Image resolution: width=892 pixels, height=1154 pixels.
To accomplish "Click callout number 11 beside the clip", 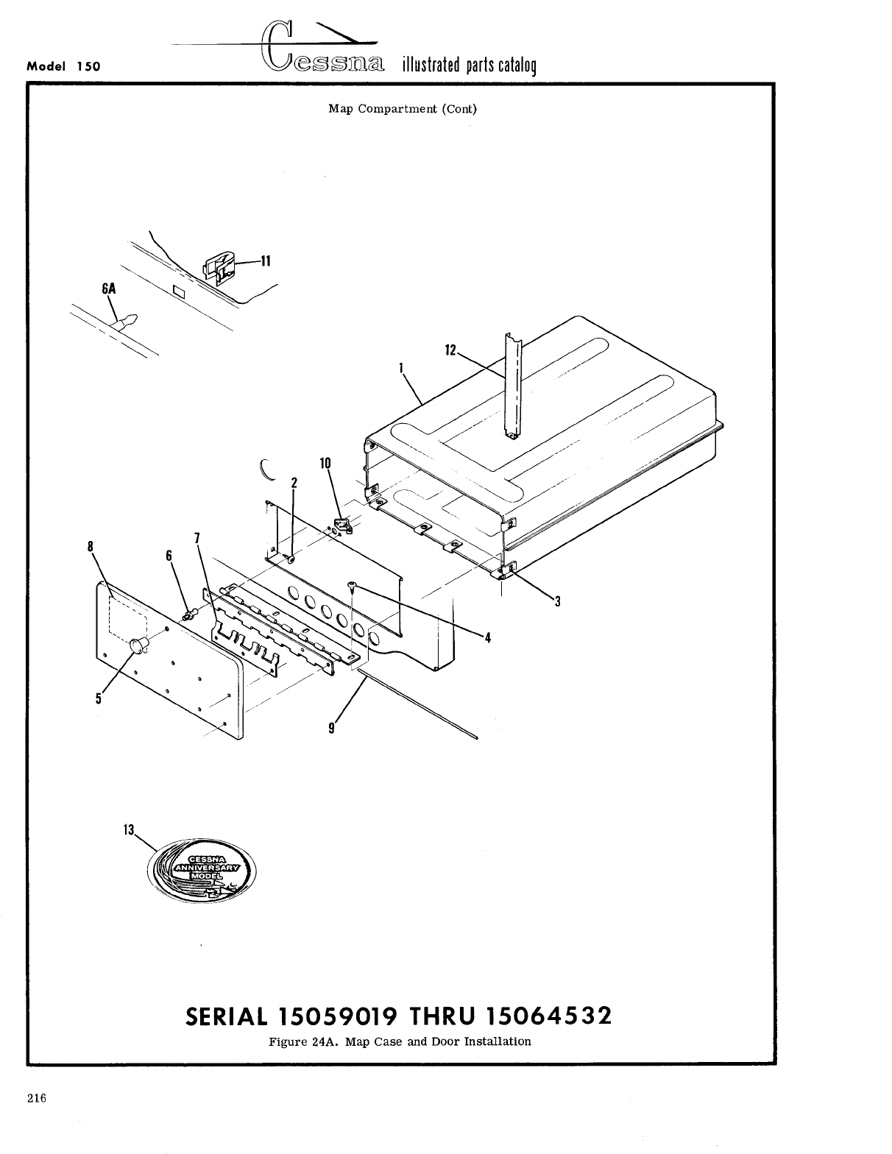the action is (x=265, y=261).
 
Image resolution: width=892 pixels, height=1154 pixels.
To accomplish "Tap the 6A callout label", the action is (x=108, y=288).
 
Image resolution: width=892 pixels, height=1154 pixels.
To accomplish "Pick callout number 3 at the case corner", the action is (x=557, y=601).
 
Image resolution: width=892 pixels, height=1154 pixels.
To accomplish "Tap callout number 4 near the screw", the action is (x=486, y=637).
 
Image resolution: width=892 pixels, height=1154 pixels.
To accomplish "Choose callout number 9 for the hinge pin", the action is (x=332, y=727).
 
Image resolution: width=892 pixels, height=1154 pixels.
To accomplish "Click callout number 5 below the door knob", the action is (x=98, y=699).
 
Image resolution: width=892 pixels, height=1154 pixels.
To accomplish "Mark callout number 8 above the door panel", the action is (x=91, y=546).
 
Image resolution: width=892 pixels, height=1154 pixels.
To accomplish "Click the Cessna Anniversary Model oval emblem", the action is (x=199, y=869).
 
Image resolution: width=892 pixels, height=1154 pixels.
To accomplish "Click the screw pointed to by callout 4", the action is (x=353, y=586).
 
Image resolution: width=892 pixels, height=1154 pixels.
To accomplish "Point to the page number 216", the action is (x=37, y=1099).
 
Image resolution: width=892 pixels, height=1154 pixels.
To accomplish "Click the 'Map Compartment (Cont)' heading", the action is (x=402, y=109).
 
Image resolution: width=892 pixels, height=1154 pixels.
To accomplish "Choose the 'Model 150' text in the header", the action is (x=63, y=66).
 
